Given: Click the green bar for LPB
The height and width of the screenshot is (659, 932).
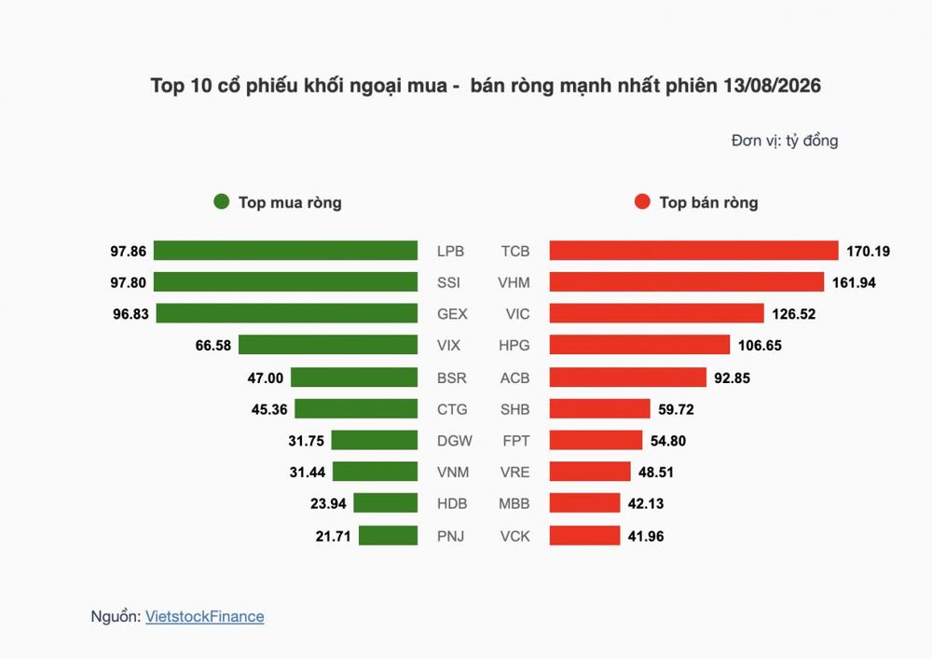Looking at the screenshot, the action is [285, 251].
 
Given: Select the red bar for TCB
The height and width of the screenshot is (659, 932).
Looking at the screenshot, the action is [693, 251].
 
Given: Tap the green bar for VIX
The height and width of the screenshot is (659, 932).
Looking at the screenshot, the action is [328, 345].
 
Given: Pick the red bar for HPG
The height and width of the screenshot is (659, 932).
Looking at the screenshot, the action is [639, 345].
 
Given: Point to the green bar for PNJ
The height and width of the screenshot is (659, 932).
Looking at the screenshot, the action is [388, 535].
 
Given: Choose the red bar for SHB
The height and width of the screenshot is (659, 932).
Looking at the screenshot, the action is [599, 409].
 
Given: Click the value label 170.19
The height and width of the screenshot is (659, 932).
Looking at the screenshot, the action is [869, 252].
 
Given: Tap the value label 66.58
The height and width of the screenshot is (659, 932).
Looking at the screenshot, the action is [212, 345].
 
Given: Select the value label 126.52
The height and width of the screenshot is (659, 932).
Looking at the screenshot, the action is [793, 314].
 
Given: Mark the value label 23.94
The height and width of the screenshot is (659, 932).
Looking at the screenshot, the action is [328, 504].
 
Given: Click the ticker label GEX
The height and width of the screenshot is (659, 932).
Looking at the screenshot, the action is [452, 314].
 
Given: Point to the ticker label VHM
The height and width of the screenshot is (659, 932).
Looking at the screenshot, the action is [514, 282].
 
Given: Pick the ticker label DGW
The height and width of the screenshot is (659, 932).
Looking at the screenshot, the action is [454, 441].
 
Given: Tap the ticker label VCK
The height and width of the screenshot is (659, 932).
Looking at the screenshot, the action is [514, 536].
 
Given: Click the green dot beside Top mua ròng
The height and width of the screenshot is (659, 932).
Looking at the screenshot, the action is [222, 201].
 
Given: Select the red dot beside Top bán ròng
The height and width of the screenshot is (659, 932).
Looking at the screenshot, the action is [642, 201].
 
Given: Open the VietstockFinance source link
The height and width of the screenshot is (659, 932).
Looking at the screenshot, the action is [204, 616].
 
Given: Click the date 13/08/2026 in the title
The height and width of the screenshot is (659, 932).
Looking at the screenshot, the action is [772, 86].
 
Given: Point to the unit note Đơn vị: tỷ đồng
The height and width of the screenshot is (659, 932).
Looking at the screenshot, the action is [785, 141].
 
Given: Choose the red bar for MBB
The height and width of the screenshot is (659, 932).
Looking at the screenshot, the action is [584, 502].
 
